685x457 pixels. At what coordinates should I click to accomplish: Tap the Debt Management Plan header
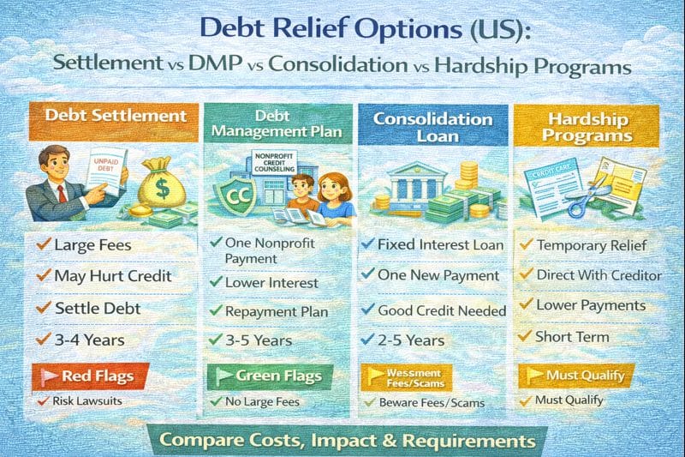(x=276, y=123)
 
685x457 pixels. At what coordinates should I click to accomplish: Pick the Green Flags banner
(x=260, y=375)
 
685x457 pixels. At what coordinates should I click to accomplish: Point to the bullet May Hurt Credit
(x=114, y=276)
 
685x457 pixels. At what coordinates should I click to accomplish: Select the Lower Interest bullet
(x=271, y=282)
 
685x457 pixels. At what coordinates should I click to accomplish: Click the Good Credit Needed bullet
(x=442, y=310)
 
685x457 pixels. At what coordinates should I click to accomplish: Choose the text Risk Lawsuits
(x=92, y=400)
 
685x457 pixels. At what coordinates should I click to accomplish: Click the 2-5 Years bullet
(x=411, y=340)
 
